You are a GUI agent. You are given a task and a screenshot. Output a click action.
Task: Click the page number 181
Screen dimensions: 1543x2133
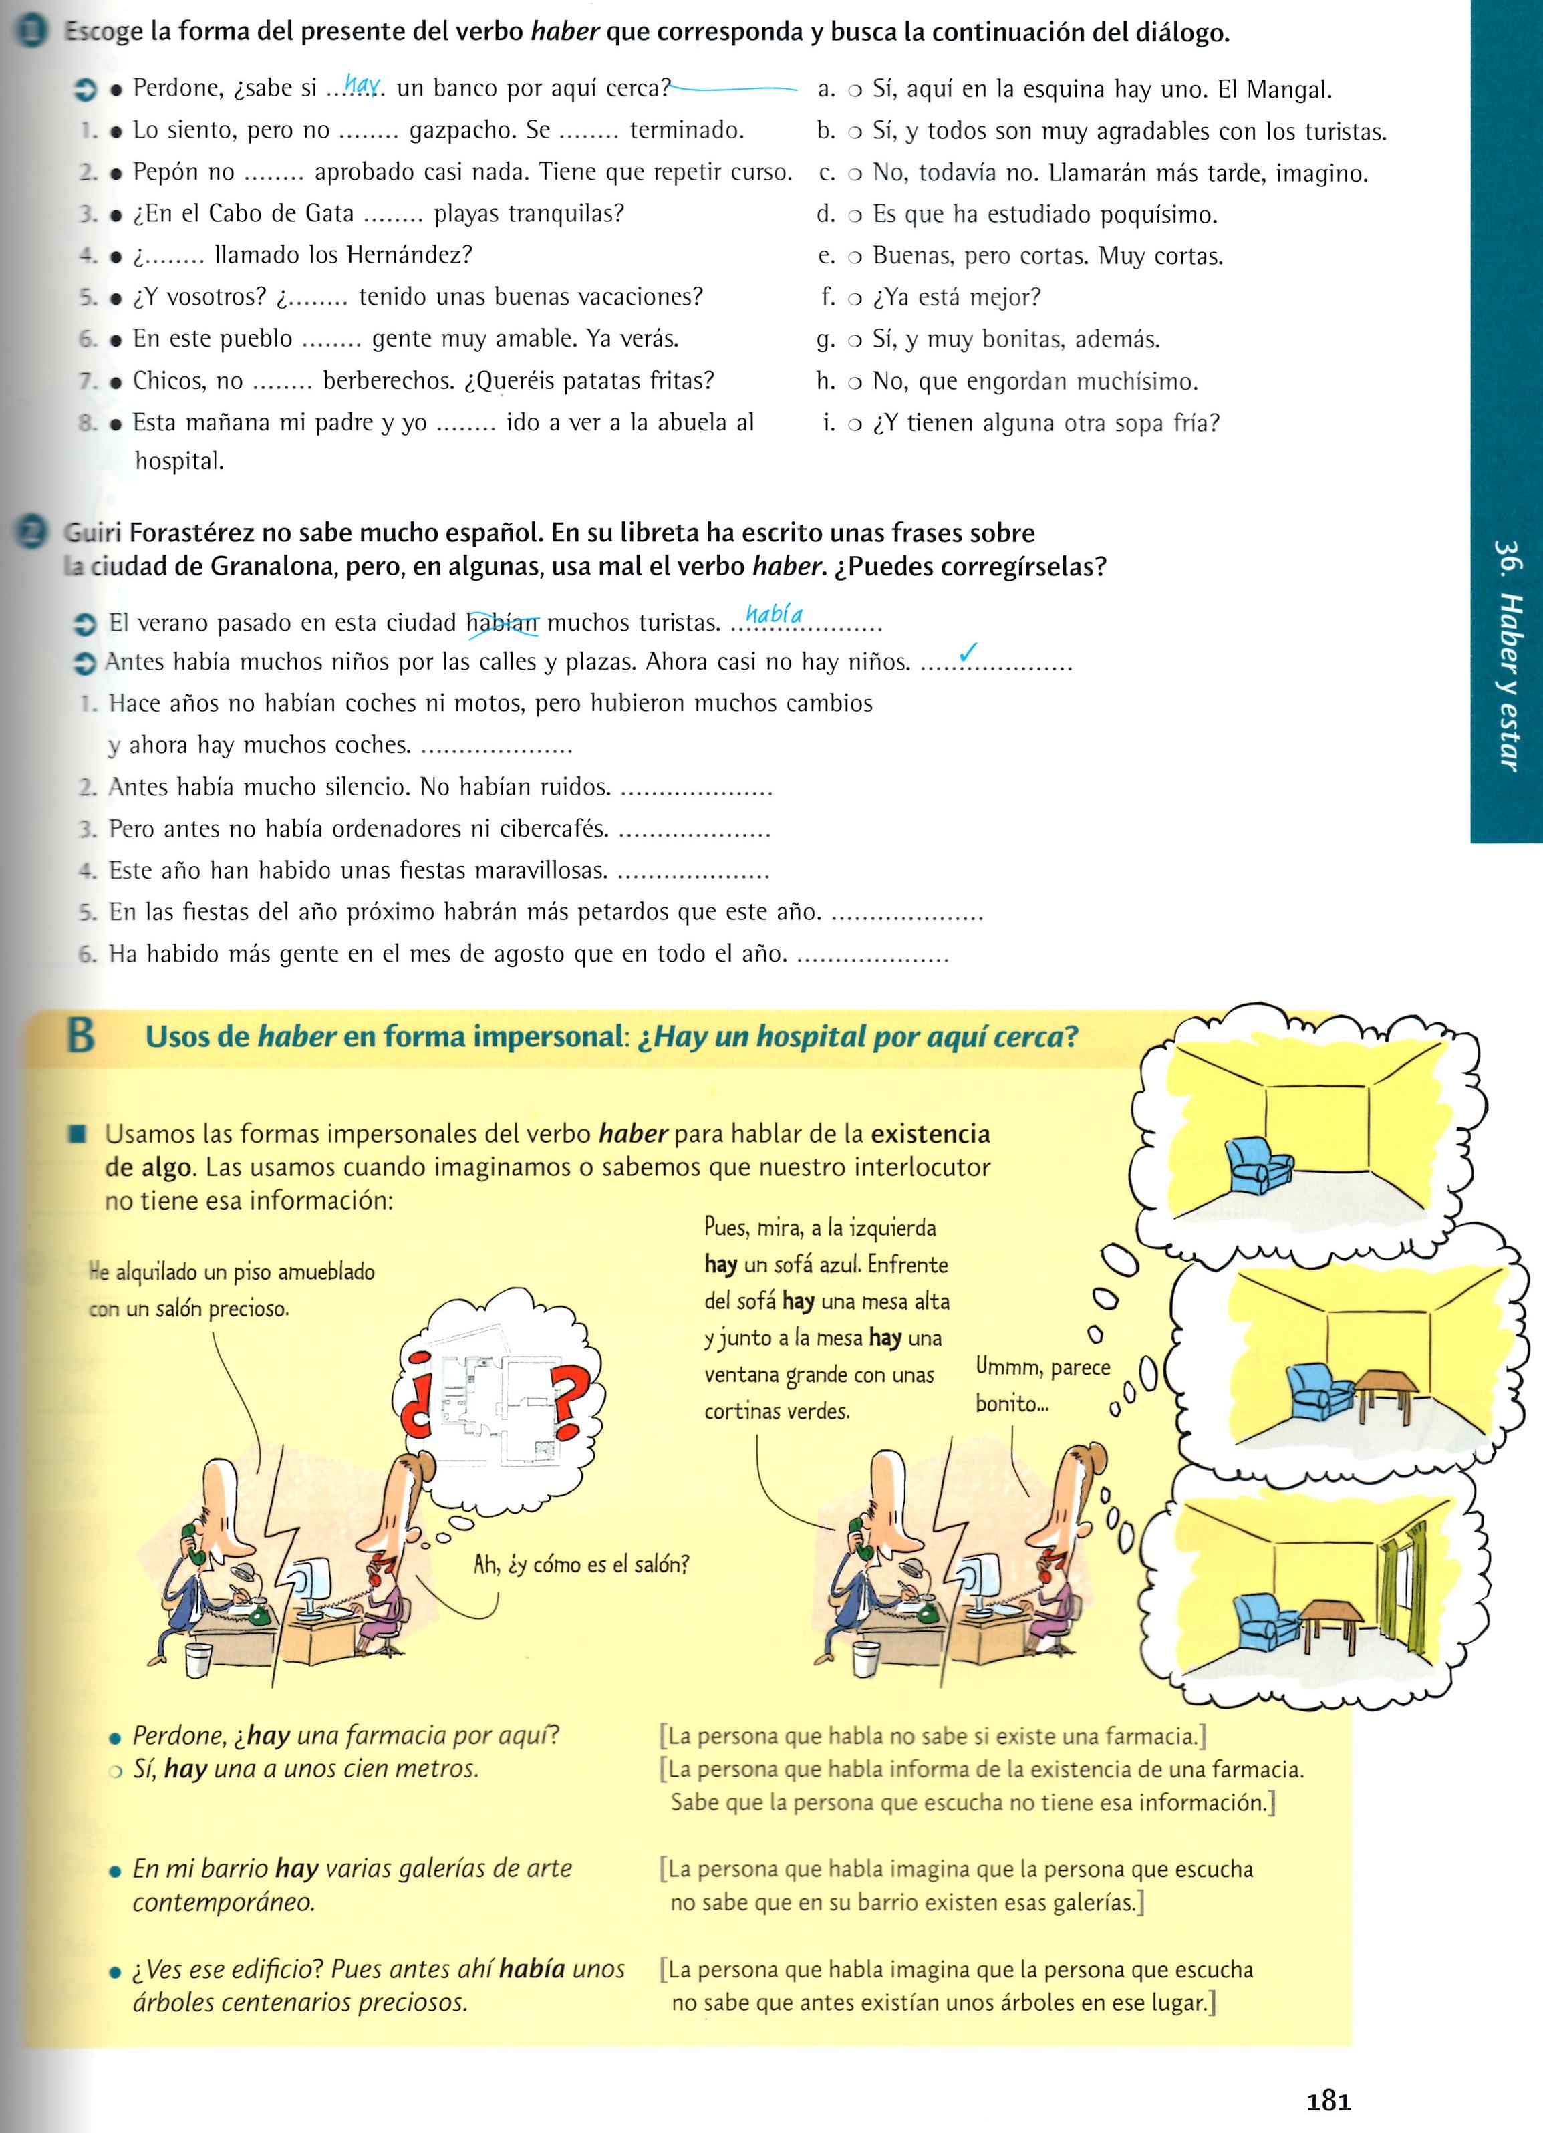pyautogui.click(x=1328, y=2100)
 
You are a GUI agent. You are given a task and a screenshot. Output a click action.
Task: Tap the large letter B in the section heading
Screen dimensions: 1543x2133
pyautogui.click(x=81, y=1036)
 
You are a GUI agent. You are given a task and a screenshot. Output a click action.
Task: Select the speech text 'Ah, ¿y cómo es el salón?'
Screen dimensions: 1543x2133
pyautogui.click(x=581, y=1565)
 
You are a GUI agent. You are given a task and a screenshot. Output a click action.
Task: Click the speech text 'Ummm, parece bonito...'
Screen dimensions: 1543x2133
pyautogui.click(x=1042, y=1385)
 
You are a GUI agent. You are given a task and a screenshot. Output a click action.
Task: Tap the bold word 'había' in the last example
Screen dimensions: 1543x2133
pyautogui.click(x=532, y=1969)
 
